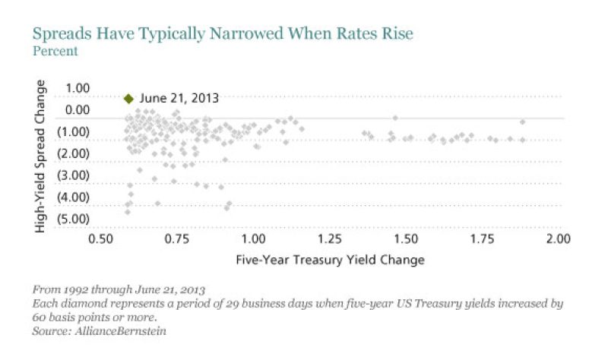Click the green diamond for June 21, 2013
[128, 98]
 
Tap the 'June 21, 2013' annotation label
[179, 98]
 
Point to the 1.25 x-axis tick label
[330, 238]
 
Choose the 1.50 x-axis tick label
[407, 238]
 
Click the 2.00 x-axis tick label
[559, 238]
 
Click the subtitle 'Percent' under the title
[55, 52]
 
